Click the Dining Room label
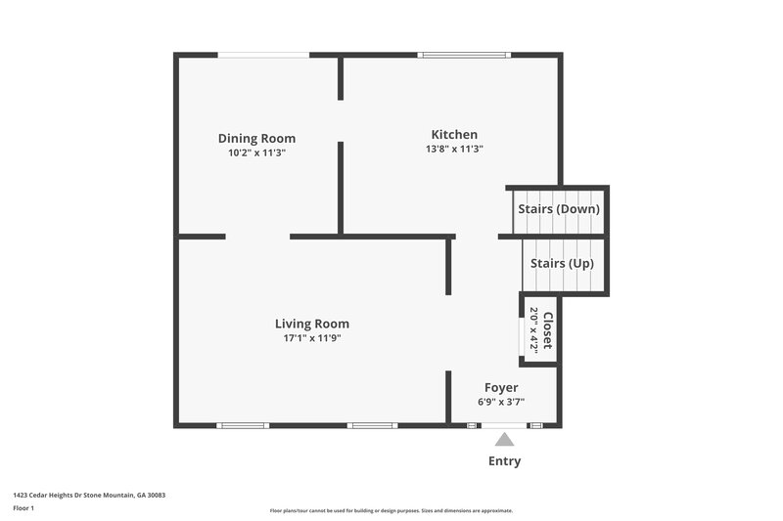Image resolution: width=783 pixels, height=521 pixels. (256, 139)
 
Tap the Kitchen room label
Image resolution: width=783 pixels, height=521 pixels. (454, 135)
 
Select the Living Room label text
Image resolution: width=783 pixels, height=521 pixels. (311, 324)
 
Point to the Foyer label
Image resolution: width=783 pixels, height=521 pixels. (501, 388)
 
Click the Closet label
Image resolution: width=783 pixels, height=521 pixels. (548, 330)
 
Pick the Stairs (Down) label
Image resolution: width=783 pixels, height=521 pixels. (558, 209)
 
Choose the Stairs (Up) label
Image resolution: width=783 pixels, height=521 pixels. (562, 264)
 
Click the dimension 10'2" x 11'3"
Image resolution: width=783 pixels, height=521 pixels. (256, 152)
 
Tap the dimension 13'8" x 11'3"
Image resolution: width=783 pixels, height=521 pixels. (454, 149)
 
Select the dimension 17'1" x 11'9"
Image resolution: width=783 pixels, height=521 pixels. (311, 338)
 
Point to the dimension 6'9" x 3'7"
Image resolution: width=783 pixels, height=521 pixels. (501, 402)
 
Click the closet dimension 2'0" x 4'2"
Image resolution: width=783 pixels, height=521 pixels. (534, 330)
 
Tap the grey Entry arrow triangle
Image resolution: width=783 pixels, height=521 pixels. (504, 440)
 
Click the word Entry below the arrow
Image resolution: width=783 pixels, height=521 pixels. (504, 461)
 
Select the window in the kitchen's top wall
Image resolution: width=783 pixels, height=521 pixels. (464, 55)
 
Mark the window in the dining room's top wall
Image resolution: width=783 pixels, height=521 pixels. (263, 55)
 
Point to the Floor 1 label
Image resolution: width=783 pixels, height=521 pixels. (23, 508)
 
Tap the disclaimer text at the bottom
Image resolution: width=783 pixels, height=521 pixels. (391, 510)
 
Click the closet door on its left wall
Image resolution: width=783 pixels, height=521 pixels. (520, 331)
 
